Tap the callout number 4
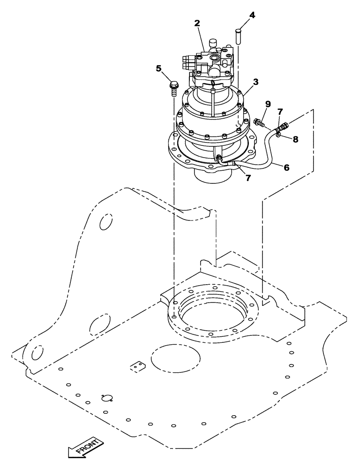[x=252, y=15]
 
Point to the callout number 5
[x=159, y=68]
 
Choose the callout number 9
[x=268, y=103]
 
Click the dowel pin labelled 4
[x=238, y=37]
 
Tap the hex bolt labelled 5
[x=173, y=89]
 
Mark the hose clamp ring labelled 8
[x=278, y=136]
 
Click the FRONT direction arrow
[x=84, y=447]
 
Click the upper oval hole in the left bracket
[x=106, y=221]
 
